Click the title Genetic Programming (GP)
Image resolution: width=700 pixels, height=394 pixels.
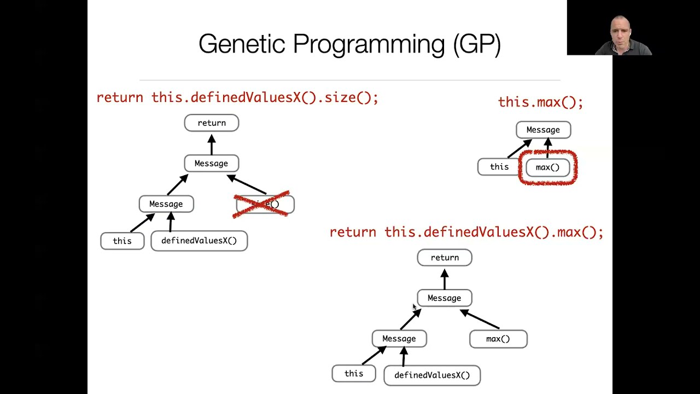(x=349, y=44)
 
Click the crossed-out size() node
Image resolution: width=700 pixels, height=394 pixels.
(x=265, y=205)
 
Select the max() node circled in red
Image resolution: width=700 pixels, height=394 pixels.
(x=547, y=167)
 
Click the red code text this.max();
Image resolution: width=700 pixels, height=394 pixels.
(x=540, y=102)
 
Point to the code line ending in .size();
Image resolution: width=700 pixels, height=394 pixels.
(x=237, y=98)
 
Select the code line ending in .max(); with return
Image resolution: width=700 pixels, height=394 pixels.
(x=466, y=233)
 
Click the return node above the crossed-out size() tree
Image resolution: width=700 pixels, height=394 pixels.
(x=212, y=123)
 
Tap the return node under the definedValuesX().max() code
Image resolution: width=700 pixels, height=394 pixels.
(x=444, y=258)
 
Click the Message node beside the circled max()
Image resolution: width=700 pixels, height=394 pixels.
(x=543, y=130)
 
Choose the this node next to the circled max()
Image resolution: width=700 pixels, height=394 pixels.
(x=499, y=167)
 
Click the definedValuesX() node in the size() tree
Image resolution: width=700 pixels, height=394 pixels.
(x=199, y=241)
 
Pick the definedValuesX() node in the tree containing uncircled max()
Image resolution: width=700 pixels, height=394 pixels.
(x=432, y=375)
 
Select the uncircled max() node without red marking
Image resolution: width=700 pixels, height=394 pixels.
(x=498, y=339)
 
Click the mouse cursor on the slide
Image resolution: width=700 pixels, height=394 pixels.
(x=415, y=308)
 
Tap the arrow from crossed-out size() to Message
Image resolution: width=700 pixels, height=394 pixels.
(x=247, y=184)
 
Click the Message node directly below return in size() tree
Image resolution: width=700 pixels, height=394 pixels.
(x=211, y=164)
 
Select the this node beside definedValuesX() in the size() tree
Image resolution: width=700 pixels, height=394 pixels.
(x=122, y=241)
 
